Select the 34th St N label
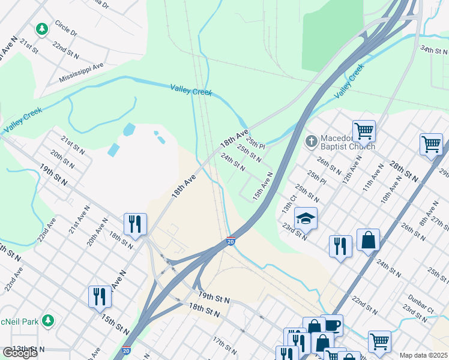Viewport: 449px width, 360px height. [x=433, y=50]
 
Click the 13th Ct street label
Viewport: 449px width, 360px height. [x=289, y=203]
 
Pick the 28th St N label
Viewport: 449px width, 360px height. [x=403, y=171]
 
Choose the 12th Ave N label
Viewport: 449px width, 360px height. [x=353, y=169]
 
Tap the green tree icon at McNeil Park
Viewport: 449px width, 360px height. [x=48, y=321]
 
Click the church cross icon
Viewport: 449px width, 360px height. [x=311, y=142]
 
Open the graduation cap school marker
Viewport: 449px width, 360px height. [x=306, y=219]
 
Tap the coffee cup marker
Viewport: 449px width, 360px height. [x=331, y=325]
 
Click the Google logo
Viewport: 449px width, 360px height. [x=20, y=353]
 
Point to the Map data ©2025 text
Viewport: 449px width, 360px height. [x=423, y=355]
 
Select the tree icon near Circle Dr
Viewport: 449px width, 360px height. [x=41, y=28]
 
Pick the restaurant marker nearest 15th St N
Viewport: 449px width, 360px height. [x=100, y=296]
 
